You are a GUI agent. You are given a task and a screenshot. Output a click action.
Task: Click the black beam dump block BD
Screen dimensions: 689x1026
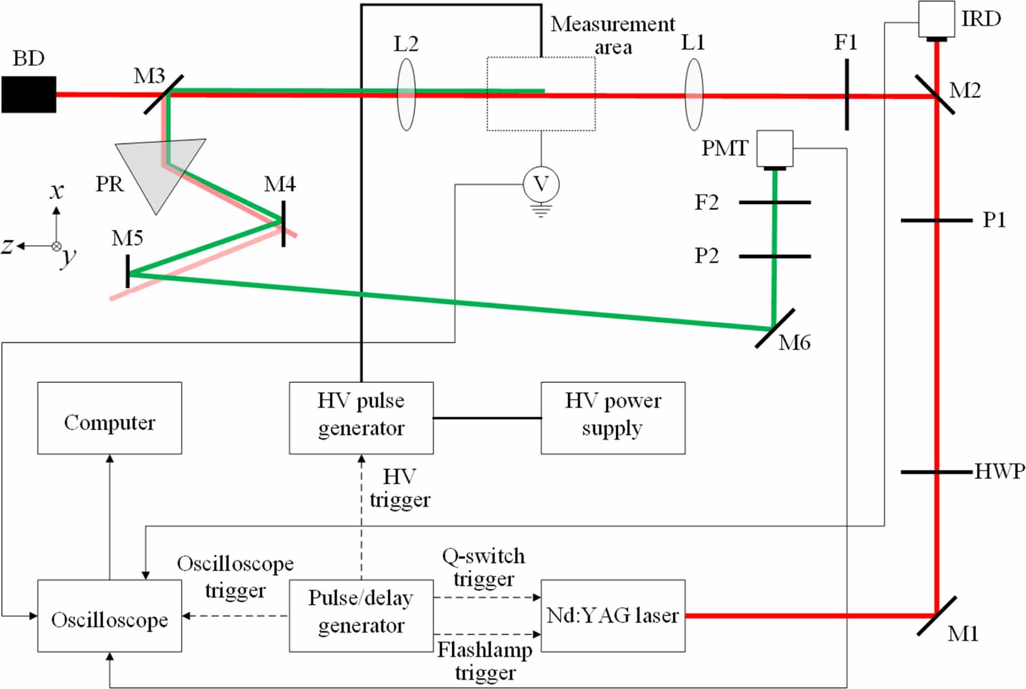pos(29,94)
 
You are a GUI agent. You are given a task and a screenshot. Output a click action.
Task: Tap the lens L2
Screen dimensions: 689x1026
pos(407,94)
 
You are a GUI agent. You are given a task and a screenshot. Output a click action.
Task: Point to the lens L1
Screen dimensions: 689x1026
pos(694,94)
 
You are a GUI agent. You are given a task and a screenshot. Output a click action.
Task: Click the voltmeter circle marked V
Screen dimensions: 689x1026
pos(541,184)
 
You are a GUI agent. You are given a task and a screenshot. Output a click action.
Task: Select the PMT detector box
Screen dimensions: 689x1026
pos(775,148)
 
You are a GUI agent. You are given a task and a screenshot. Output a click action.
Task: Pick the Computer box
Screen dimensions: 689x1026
pos(109,418)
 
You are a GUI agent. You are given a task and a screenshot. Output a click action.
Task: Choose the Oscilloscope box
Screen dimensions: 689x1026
pos(109,616)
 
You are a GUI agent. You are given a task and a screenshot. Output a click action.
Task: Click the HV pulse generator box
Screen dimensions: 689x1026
pos(361,418)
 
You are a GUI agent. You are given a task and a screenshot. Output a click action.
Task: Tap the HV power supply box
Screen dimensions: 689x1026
pos(613,418)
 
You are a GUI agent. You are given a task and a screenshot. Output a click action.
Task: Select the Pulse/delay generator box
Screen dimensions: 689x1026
pos(361,616)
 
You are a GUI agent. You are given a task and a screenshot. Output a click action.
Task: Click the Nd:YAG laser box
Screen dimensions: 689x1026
pos(613,616)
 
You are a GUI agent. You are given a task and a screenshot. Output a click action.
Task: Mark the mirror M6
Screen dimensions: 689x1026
pos(775,328)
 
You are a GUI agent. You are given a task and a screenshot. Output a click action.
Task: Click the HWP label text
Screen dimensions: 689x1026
pos(1000,472)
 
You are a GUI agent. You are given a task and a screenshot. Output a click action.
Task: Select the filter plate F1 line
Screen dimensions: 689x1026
pos(847,95)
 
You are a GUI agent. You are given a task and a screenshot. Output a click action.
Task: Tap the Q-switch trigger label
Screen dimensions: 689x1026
pos(484,567)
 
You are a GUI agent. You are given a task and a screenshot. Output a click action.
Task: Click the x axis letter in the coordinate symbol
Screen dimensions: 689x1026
pos(57,191)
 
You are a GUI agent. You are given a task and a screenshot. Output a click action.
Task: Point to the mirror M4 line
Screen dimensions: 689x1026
pos(283,224)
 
